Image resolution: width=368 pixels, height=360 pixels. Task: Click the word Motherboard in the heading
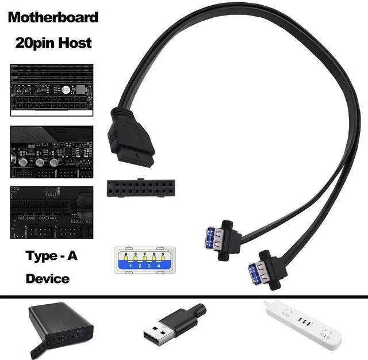pyautogui.click(x=52, y=17)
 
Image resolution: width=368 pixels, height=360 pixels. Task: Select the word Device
pyautogui.click(x=48, y=279)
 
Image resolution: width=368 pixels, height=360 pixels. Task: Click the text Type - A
pyautogui.click(x=51, y=256)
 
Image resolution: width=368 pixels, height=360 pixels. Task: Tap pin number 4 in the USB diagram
pyautogui.click(x=158, y=266)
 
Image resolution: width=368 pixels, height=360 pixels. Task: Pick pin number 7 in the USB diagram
pyautogui.click(x=144, y=254)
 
